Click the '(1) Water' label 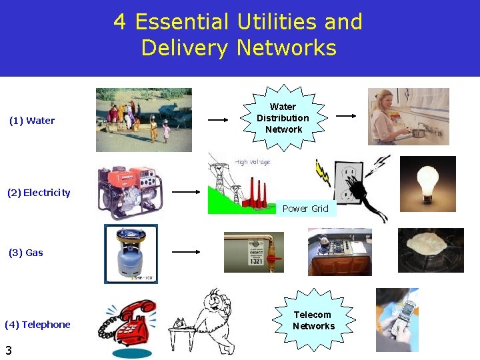(x=32, y=121)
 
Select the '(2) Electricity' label (x=39, y=193)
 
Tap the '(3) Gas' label (x=26, y=253)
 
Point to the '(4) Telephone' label (x=37, y=325)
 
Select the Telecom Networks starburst (x=313, y=321)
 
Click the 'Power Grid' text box (x=305, y=209)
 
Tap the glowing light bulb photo (x=427, y=185)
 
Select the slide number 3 (x=9, y=350)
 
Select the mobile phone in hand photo (x=397, y=320)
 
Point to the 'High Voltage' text (x=253, y=161)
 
